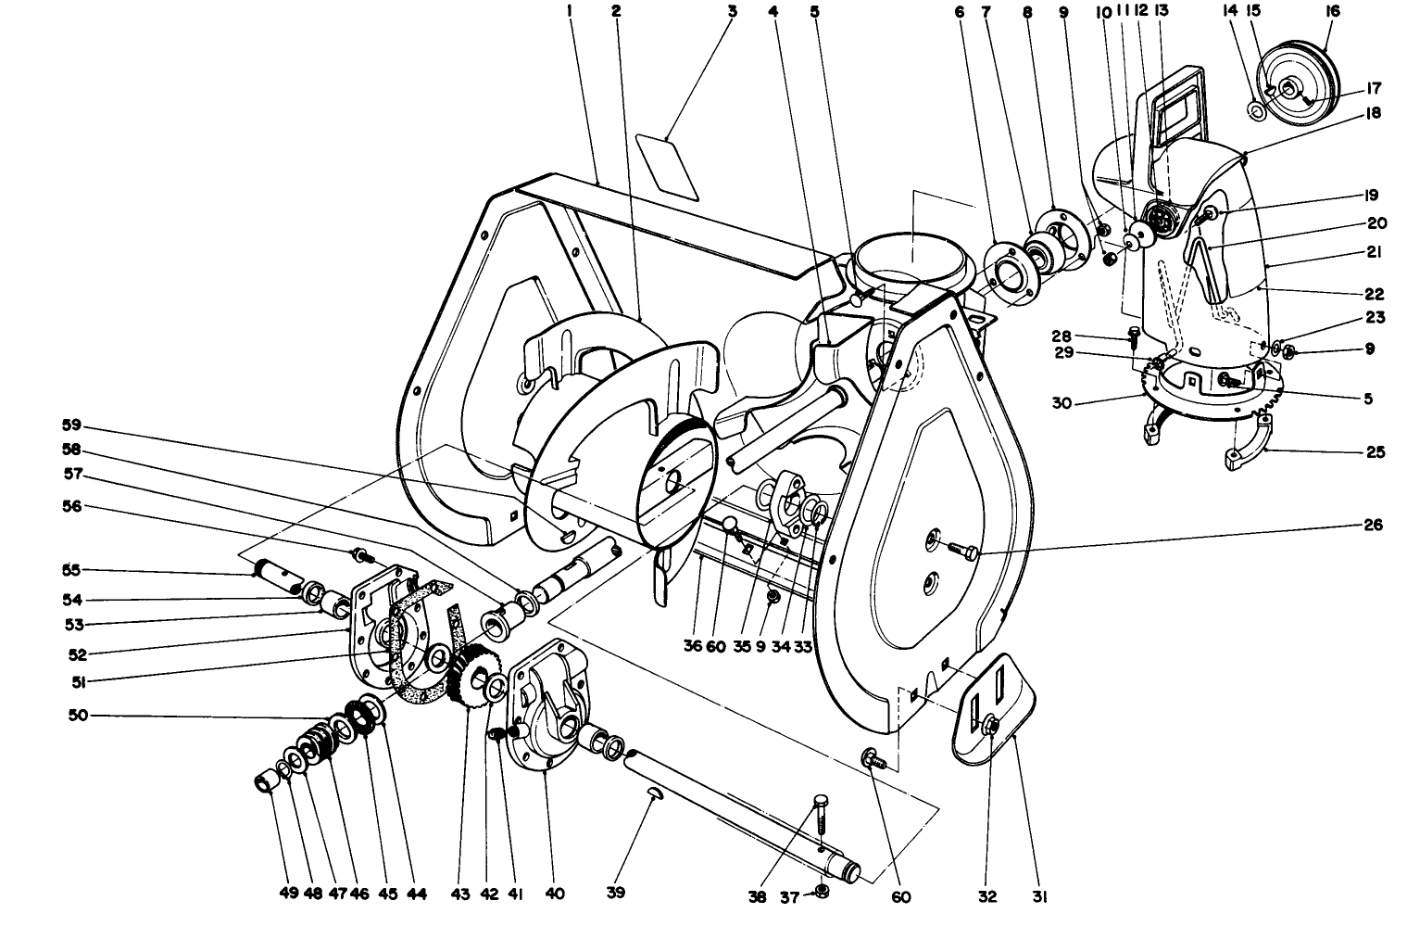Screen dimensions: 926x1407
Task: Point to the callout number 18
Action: click(x=1372, y=113)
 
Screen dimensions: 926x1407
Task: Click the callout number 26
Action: click(x=1373, y=525)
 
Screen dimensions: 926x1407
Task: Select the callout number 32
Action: click(x=986, y=896)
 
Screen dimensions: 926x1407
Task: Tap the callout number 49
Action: click(x=288, y=894)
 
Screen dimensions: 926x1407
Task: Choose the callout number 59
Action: click(x=71, y=426)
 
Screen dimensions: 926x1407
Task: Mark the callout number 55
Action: click(x=71, y=569)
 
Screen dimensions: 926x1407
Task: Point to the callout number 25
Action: click(x=1375, y=452)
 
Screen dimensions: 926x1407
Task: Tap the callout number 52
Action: click(x=77, y=653)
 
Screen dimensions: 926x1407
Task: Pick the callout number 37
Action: click(x=788, y=896)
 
